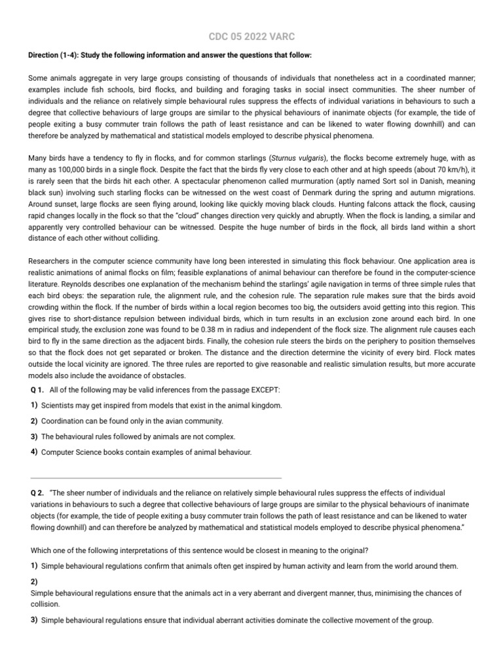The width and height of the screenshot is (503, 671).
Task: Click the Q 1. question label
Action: click(37, 390)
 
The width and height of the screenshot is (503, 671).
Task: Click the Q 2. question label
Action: click(37, 492)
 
